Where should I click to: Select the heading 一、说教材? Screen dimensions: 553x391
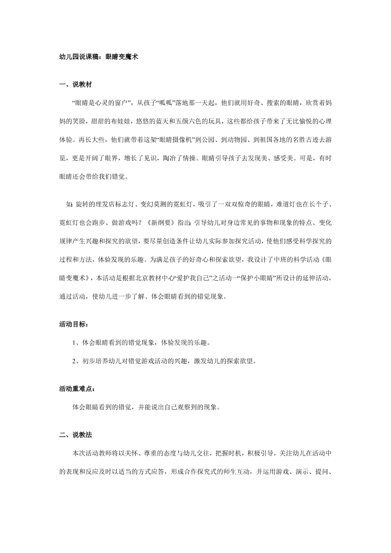click(x=75, y=85)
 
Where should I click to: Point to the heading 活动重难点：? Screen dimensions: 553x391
click(x=77, y=389)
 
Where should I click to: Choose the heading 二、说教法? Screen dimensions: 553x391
click(x=75, y=435)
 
